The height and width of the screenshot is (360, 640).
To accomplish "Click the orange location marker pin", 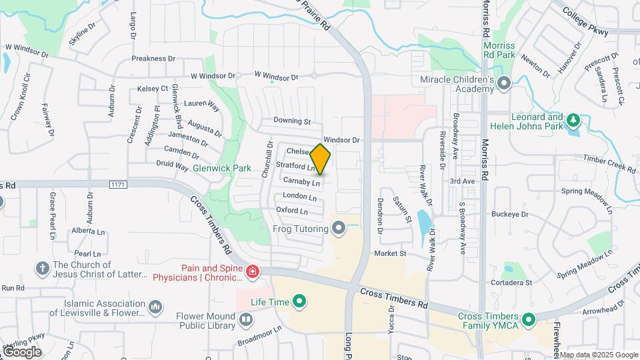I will point(321,159).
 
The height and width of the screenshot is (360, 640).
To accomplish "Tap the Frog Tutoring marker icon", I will point(339,229).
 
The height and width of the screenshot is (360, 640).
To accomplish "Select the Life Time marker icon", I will point(299,302).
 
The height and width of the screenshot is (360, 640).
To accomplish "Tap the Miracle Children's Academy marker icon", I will point(504,84).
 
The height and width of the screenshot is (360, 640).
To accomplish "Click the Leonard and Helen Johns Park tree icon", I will point(573,121).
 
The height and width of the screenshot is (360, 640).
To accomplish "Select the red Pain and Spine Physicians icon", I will point(253,271).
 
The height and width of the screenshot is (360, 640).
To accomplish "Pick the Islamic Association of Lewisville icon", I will point(155,307).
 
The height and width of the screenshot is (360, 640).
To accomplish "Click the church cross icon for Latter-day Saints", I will point(42,269).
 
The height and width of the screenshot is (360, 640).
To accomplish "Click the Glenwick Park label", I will point(222,168).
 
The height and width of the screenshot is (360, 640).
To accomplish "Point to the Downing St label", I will point(292,121).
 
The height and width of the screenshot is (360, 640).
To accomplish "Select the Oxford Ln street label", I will point(292,211).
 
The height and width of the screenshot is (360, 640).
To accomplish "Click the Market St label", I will point(390,254).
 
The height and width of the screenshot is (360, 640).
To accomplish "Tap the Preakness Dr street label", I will point(153,59).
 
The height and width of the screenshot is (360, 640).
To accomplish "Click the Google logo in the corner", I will point(22,351).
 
